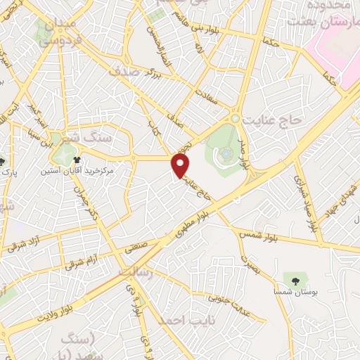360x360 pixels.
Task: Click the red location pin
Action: (x=181, y=166)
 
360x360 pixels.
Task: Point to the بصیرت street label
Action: (x=250, y=264)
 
